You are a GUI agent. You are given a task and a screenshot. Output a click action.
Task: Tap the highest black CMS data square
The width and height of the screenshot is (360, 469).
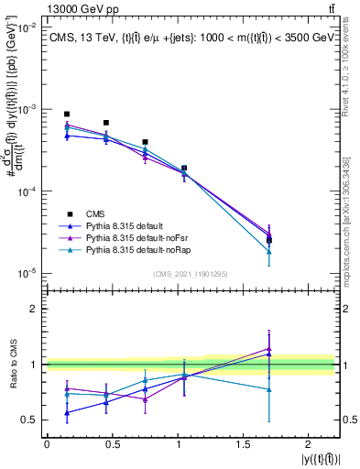67,115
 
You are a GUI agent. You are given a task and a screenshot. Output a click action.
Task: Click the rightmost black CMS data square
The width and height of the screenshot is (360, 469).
268,241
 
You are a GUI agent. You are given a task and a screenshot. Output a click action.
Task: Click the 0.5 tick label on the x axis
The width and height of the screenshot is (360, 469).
112,443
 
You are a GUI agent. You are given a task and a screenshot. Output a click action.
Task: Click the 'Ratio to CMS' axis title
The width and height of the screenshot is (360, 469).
13,364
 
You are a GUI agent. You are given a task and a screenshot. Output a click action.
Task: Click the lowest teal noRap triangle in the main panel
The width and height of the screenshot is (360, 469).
268,251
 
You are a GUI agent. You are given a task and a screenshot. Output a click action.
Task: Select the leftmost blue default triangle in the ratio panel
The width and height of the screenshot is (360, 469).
67,412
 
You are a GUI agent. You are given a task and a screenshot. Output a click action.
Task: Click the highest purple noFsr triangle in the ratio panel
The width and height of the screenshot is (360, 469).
268,348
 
